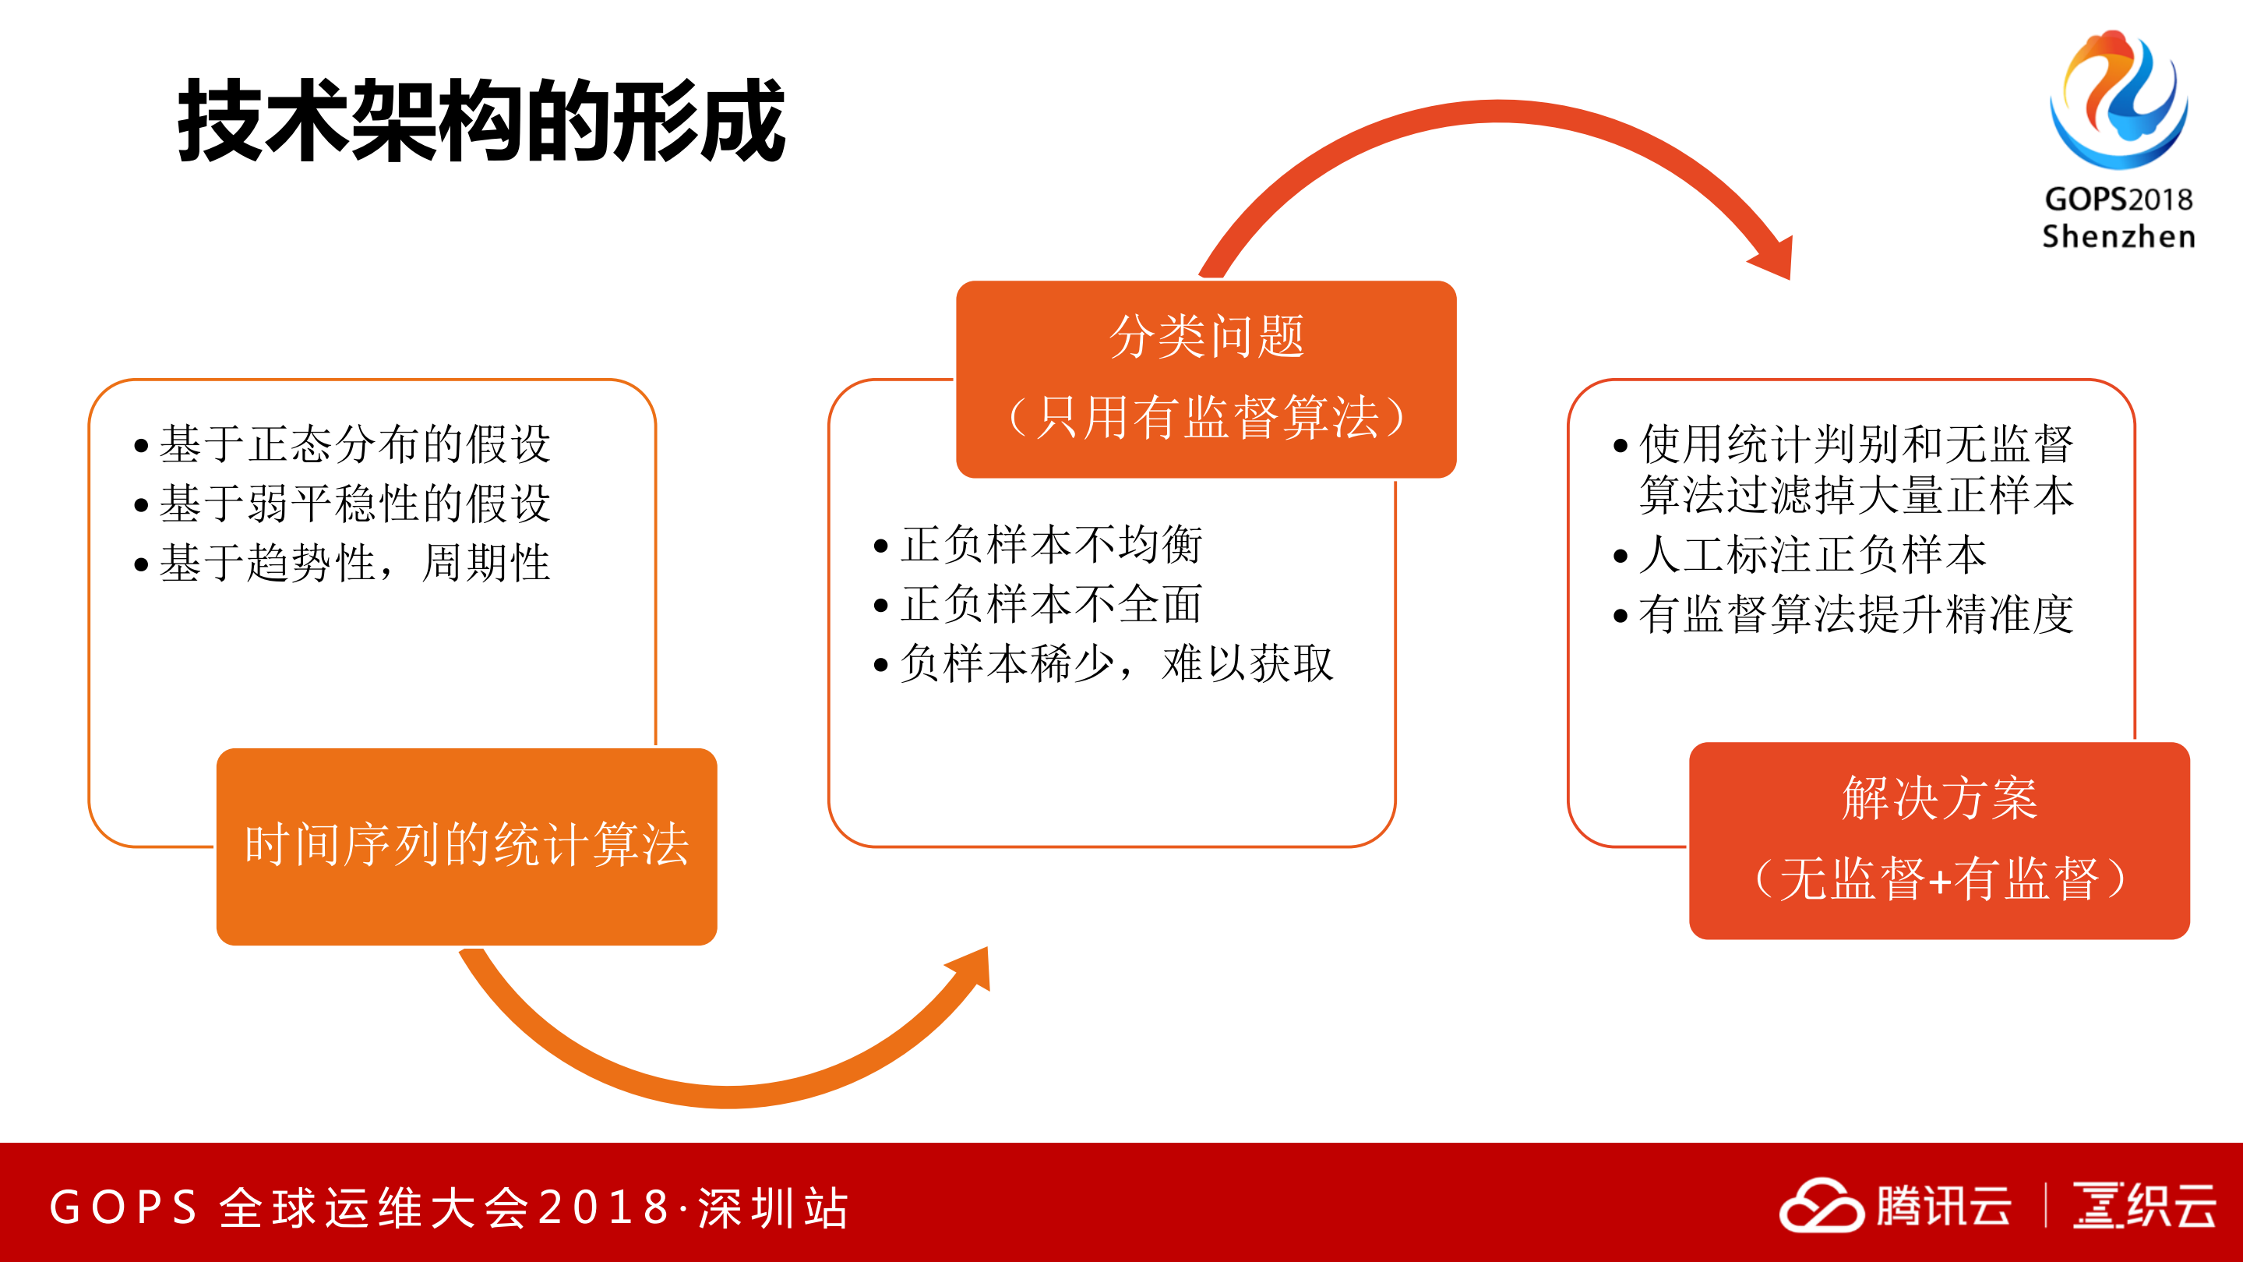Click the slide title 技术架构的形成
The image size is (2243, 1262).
pos(481,120)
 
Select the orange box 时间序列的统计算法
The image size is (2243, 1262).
pos(467,845)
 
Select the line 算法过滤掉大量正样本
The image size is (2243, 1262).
pos(1856,496)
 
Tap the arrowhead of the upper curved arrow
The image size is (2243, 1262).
pos(1774,258)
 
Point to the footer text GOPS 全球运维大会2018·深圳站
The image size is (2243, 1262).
pos(449,1208)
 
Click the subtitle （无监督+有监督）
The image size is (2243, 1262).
pos(1939,878)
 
